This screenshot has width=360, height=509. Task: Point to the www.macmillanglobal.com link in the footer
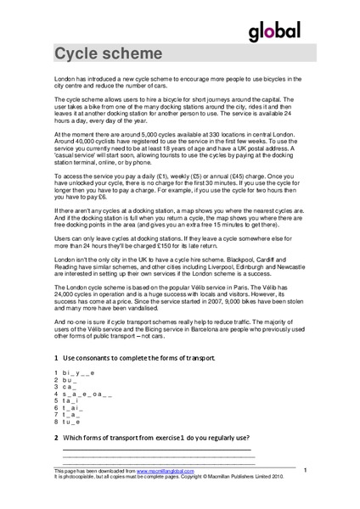[x=163, y=471]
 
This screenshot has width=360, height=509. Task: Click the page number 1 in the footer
[x=304, y=469]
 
